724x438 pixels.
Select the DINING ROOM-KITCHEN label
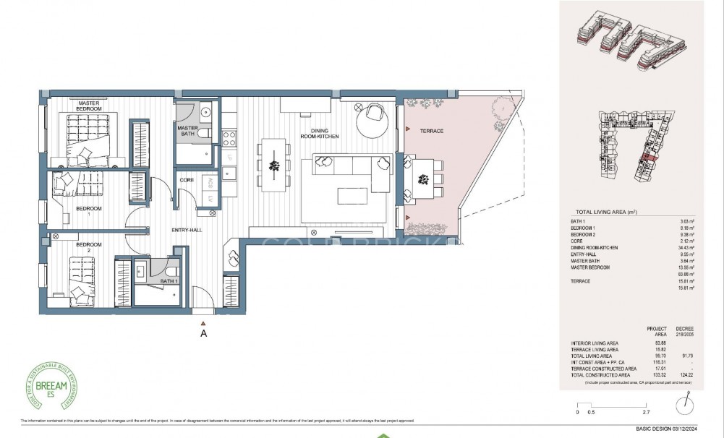(x=320, y=133)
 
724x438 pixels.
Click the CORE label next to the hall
(x=186, y=180)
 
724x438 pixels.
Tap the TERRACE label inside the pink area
(x=430, y=131)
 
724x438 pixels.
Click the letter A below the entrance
(x=204, y=334)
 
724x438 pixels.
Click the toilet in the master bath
(x=205, y=134)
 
